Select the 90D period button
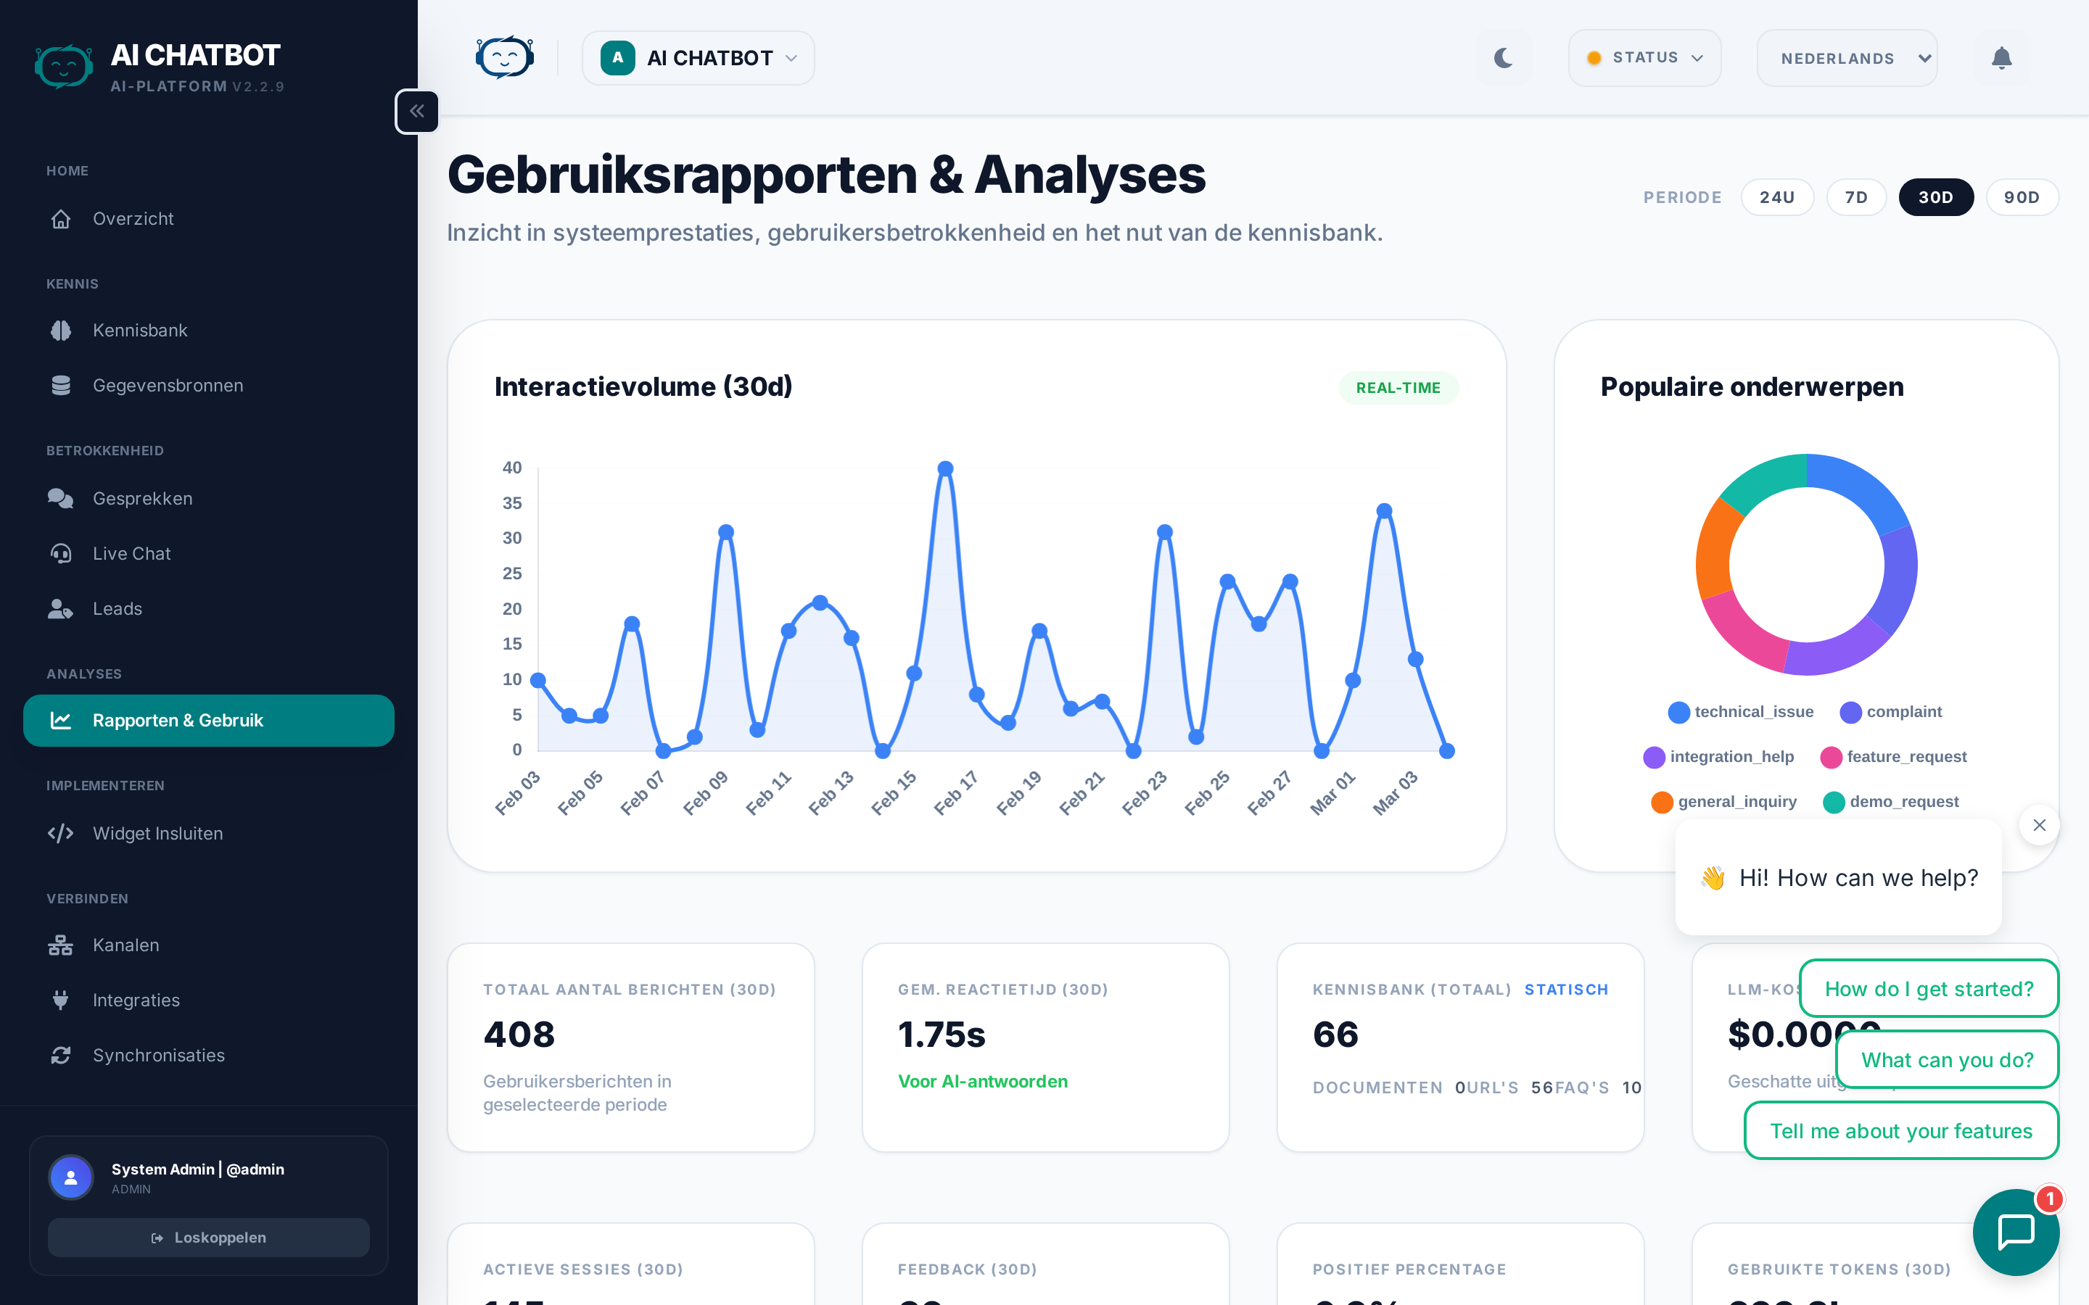pos(2021,198)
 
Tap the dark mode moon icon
pos(1503,58)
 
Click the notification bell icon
pos(2001,58)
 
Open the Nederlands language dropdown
pos(1847,58)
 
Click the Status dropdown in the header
pos(1644,58)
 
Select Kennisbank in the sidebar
pos(140,331)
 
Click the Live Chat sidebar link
pos(131,553)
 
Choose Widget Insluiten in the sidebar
pos(157,833)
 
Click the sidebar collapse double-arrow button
pos(417,112)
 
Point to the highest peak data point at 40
pos(945,468)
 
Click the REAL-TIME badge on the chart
pos(1398,388)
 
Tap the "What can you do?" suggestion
pos(1947,1060)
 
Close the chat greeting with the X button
pos(2039,825)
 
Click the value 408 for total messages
pos(519,1034)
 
